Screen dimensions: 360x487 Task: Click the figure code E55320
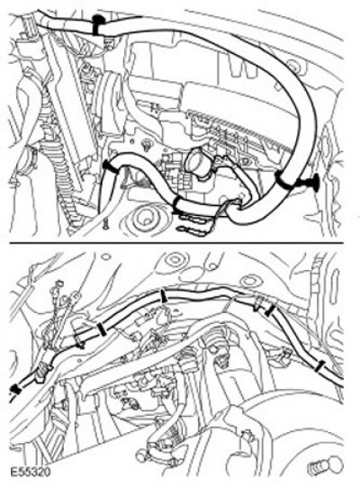[x=30, y=473]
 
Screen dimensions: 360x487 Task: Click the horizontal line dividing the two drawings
[x=176, y=242]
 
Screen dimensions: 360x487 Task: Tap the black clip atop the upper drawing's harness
[x=99, y=24]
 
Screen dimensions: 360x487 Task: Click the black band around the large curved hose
[x=285, y=181]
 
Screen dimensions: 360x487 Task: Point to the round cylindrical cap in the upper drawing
[x=198, y=162]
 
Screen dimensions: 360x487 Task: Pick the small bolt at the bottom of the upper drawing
[x=106, y=223]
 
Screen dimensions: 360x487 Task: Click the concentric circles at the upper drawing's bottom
[x=146, y=219]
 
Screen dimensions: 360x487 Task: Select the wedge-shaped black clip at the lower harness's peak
[x=162, y=296]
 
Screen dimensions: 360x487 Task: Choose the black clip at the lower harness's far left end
[x=14, y=390]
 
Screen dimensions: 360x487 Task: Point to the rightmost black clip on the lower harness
[x=319, y=366]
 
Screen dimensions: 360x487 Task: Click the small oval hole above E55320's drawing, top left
[x=106, y=257]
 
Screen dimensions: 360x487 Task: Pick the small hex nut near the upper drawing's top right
[x=292, y=67]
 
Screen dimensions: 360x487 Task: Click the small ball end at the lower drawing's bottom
[x=140, y=456]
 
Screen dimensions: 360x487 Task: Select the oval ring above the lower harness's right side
[x=248, y=281]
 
